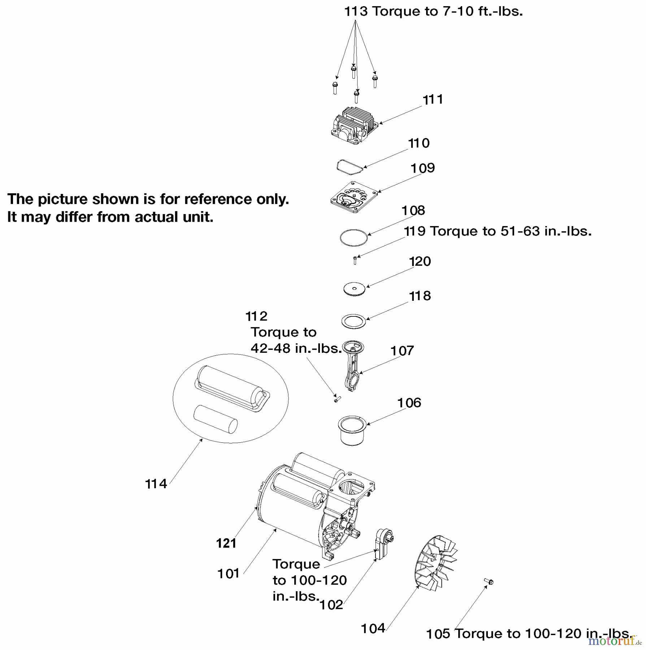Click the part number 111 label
(433, 99)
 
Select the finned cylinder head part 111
(354, 126)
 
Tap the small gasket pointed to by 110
(349, 168)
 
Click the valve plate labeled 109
(354, 198)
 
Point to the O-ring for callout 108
(354, 238)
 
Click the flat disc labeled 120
(354, 289)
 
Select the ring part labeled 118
(354, 321)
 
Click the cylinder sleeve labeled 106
(352, 430)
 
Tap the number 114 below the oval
(156, 484)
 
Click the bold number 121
(226, 543)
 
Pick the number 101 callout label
(228, 573)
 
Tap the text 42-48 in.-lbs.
(296, 348)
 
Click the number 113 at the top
(356, 12)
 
